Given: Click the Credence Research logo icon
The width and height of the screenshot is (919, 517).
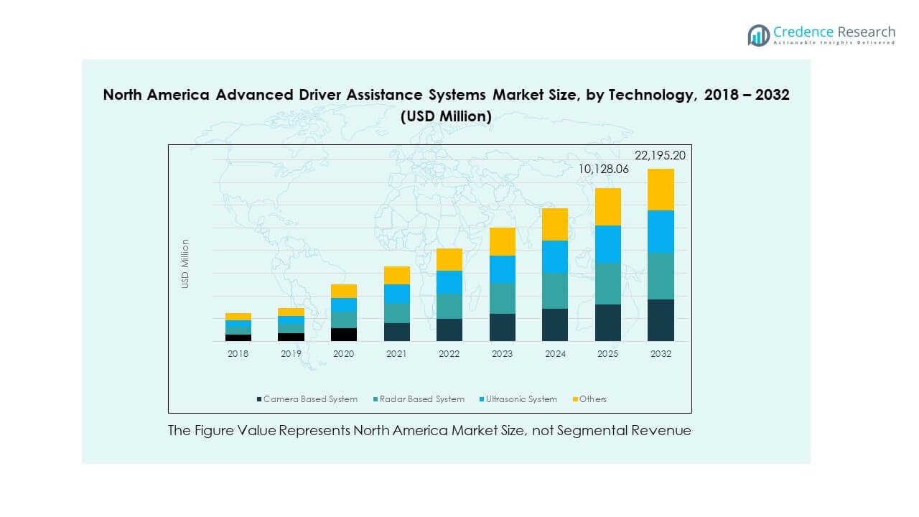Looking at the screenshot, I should (758, 35).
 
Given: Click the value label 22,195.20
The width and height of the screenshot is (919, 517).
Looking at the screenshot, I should (661, 155).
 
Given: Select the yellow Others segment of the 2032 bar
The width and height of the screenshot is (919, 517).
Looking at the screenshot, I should (661, 190).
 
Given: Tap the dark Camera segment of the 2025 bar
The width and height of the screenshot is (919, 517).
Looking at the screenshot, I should (607, 322).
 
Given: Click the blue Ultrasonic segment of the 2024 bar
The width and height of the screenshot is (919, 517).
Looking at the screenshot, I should (555, 256).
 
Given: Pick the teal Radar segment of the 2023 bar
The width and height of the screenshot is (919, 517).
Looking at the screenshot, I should (503, 298).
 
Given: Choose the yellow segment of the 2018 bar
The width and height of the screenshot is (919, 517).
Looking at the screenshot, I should (238, 317).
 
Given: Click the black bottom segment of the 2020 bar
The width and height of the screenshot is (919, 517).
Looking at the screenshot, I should (344, 334).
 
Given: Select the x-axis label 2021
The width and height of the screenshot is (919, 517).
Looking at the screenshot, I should (396, 354).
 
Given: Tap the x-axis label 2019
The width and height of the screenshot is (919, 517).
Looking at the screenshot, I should (291, 354).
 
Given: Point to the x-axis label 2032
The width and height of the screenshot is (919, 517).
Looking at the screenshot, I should (661, 354).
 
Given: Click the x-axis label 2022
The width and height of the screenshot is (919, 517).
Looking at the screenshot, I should (449, 354).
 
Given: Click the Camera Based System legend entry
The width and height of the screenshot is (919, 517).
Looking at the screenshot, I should (307, 399).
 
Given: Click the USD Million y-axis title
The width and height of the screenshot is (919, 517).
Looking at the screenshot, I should (185, 264).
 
